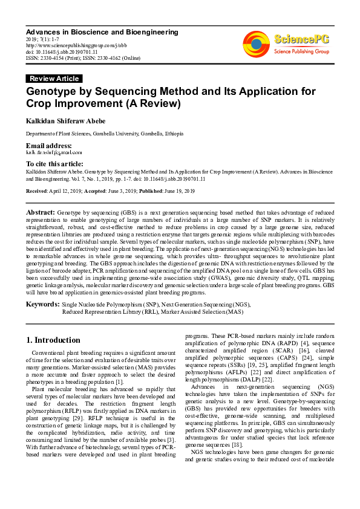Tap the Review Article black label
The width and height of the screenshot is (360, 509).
[x=54, y=79]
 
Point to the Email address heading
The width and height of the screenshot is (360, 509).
[x=48, y=146]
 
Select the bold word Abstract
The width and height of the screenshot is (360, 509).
[x=41, y=213]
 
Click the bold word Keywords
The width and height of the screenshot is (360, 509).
[x=42, y=304]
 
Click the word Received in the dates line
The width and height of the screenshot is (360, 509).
[x=37, y=191]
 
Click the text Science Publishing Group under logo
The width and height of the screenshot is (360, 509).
[x=301, y=52]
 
